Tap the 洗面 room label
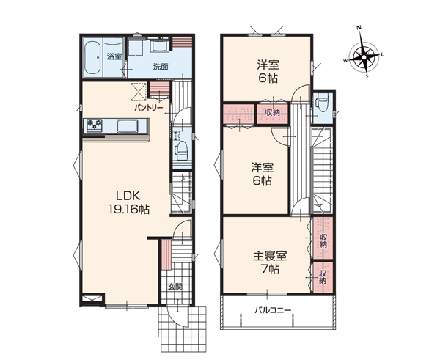pos(161,67)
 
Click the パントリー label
pos(148,108)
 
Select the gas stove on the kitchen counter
pos(95,125)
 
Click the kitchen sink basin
pos(128,126)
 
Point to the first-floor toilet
pos(181,148)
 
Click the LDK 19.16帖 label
pos(129,202)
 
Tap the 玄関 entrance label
pos(175,287)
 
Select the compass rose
pos(364,57)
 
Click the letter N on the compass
pos(359,28)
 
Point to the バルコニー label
pos(273,310)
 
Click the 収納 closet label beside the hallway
pos(273,112)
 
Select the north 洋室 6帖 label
pos(268,71)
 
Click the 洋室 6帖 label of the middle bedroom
pos(262,175)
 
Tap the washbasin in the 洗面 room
pos(159,45)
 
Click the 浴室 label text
pos(114,56)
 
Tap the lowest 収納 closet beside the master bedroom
pos(323,277)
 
